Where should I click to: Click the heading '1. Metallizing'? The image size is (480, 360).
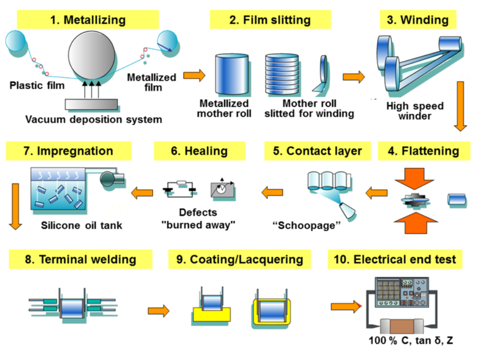(88, 20)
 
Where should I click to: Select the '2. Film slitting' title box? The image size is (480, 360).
(270, 20)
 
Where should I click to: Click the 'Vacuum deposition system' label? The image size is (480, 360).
(93, 120)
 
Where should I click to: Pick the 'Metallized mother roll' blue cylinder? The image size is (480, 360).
(231, 75)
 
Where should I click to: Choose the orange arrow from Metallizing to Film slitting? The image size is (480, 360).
(194, 75)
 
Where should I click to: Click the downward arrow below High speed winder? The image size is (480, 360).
(460, 106)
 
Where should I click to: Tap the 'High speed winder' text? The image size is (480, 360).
(415, 111)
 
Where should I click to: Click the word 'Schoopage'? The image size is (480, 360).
(307, 225)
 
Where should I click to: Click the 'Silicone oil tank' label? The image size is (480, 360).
(81, 225)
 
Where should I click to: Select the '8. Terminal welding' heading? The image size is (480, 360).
(80, 259)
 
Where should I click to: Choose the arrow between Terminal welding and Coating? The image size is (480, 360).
(158, 310)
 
